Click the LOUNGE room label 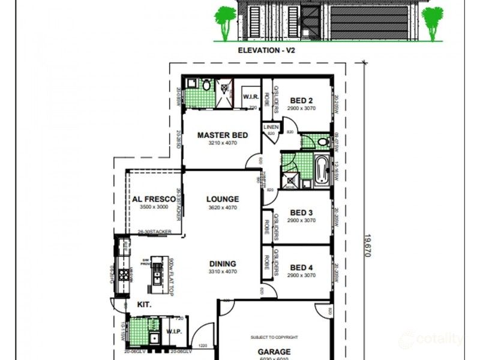[223, 199]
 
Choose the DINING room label [223, 263]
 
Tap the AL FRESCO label [151, 199]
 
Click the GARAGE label [275, 352]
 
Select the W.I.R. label [250, 97]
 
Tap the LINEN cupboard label [271, 126]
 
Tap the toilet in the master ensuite [206, 86]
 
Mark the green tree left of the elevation [226, 22]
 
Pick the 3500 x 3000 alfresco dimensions [151, 207]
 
